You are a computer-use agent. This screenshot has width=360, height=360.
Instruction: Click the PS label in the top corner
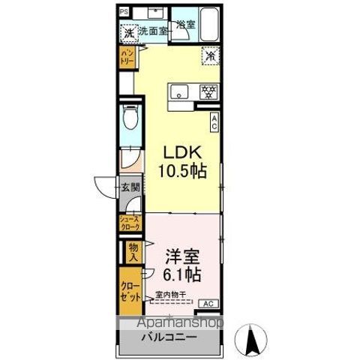point(124,11)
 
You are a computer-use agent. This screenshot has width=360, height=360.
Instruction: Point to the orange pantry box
point(128,57)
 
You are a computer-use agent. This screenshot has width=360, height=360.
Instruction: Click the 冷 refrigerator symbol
point(211,55)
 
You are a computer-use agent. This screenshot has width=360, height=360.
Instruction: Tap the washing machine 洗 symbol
point(128,33)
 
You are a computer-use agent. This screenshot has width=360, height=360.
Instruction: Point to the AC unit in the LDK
point(214,121)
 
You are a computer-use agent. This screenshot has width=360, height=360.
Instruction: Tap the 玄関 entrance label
point(130,188)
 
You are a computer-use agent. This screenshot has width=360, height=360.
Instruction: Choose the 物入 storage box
point(132,251)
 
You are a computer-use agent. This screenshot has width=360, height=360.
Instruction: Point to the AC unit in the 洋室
point(208,304)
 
